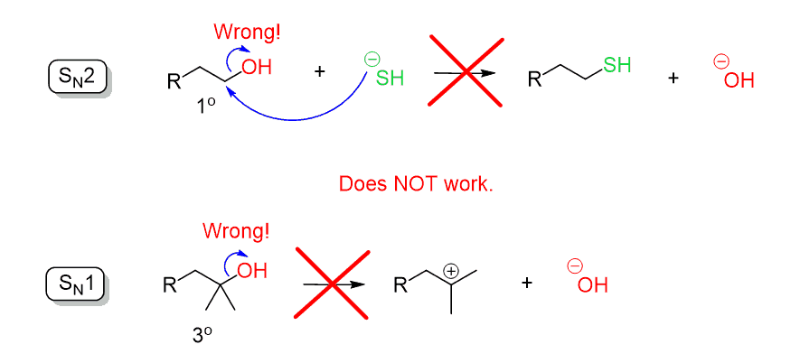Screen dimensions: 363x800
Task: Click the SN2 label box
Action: [78, 77]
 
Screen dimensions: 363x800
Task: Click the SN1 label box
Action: [76, 284]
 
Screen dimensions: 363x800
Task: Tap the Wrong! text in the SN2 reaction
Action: [247, 33]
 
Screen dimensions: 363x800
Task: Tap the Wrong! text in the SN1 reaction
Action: [236, 231]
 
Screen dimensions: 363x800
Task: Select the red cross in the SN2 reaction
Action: [465, 70]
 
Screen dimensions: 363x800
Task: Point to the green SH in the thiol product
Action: [617, 65]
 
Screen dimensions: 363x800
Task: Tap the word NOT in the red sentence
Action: [417, 184]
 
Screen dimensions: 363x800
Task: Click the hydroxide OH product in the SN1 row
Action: [592, 285]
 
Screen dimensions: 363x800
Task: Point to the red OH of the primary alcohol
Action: [257, 67]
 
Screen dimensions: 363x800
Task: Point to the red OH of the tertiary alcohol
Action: [253, 269]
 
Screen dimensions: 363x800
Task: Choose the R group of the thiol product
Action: [535, 80]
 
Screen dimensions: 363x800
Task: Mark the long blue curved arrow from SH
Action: [298, 117]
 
